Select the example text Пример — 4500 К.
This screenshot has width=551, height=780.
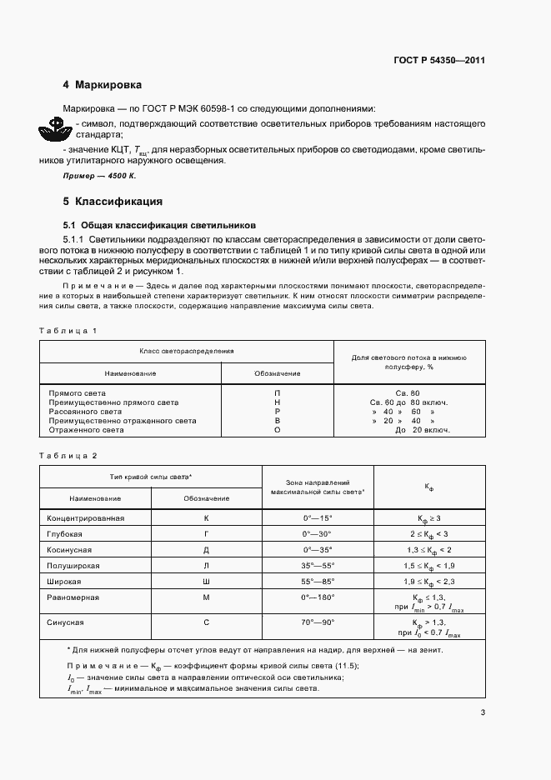99,177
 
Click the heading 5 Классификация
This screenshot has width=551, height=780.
112,202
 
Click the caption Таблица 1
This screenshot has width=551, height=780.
69,331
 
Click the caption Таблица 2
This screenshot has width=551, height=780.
69,455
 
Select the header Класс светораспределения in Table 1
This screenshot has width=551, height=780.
186,352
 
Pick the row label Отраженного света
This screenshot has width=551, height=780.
86,430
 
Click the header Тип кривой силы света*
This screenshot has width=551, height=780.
151,476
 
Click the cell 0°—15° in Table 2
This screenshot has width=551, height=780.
317,517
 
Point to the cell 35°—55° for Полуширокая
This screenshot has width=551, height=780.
317,565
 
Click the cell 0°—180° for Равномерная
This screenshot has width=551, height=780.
317,597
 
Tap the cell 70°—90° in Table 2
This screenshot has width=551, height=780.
317,622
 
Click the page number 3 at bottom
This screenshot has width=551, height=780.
483,712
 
